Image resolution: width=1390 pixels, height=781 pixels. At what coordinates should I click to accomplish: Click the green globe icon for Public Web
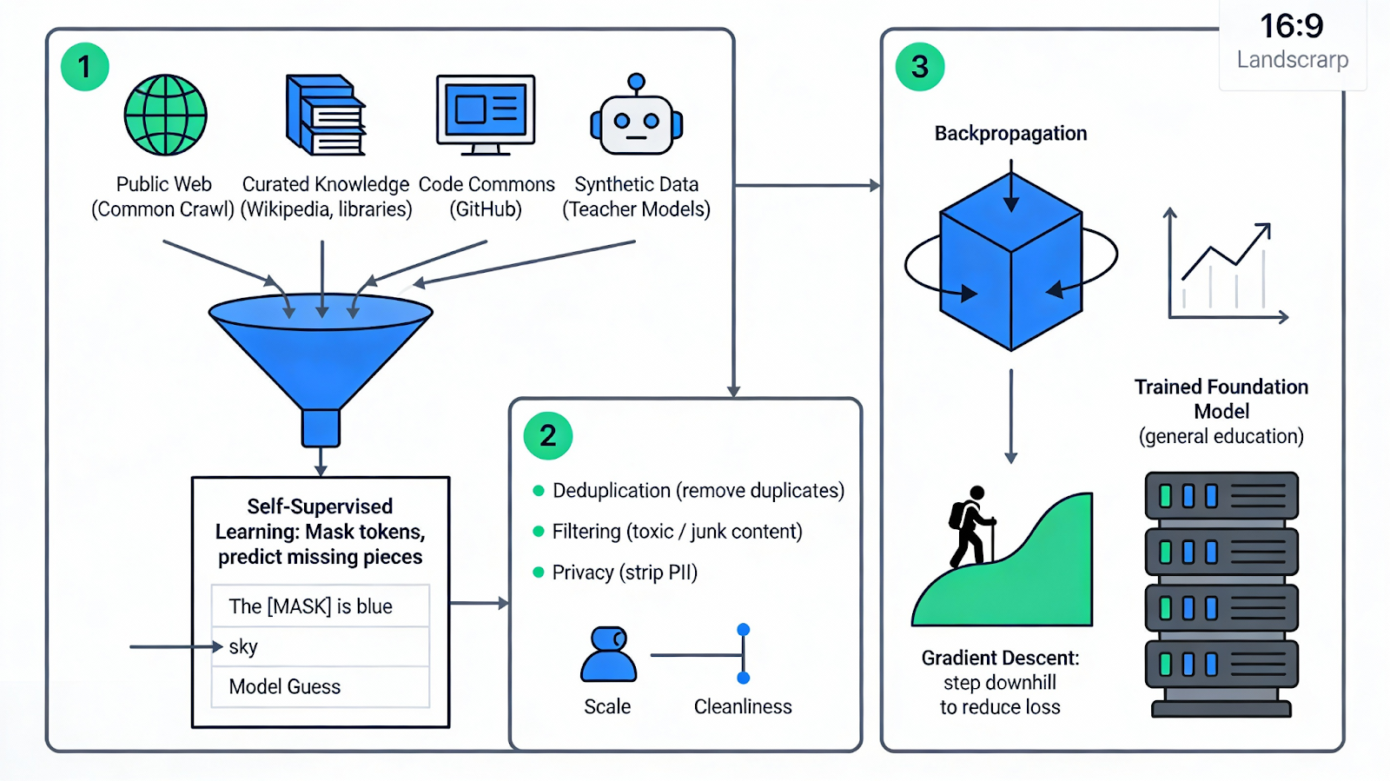click(x=165, y=115)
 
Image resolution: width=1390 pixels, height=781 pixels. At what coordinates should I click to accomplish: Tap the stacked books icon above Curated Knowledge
click(x=325, y=115)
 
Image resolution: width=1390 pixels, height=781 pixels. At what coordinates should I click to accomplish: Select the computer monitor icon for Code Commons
click(x=486, y=114)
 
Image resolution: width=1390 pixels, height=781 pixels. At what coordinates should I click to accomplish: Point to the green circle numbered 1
click(x=84, y=67)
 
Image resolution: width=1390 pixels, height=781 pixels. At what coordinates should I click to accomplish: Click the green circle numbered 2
click(x=548, y=435)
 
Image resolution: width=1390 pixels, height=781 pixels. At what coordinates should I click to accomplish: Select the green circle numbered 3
click(x=920, y=67)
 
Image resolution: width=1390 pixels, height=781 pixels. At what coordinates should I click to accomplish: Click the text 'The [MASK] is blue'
click(x=310, y=606)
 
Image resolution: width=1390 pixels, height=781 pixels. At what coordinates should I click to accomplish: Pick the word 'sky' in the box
click(x=243, y=646)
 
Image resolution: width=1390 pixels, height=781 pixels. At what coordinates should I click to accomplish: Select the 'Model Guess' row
click(x=285, y=686)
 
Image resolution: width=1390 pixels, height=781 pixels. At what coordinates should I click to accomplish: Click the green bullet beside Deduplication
click(x=539, y=491)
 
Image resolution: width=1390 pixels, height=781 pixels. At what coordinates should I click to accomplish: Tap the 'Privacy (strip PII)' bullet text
click(x=625, y=573)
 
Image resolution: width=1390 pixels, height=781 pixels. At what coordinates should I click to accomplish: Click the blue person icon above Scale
click(x=608, y=654)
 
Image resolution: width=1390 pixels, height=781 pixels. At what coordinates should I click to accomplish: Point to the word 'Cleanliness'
click(x=743, y=706)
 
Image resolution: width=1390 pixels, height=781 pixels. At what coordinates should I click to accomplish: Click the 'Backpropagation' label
click(x=1010, y=134)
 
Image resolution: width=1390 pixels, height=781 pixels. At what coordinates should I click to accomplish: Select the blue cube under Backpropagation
click(x=1011, y=261)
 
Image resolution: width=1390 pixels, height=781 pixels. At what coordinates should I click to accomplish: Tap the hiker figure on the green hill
click(x=971, y=526)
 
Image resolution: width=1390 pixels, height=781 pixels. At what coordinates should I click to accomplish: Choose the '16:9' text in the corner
click(x=1292, y=26)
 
